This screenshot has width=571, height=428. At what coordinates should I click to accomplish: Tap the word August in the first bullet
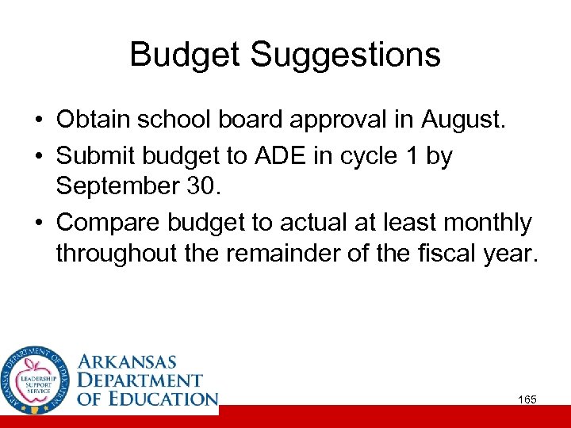[469, 121]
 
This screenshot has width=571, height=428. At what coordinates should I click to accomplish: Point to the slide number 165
[527, 399]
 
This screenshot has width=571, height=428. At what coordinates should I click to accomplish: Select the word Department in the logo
[140, 380]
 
